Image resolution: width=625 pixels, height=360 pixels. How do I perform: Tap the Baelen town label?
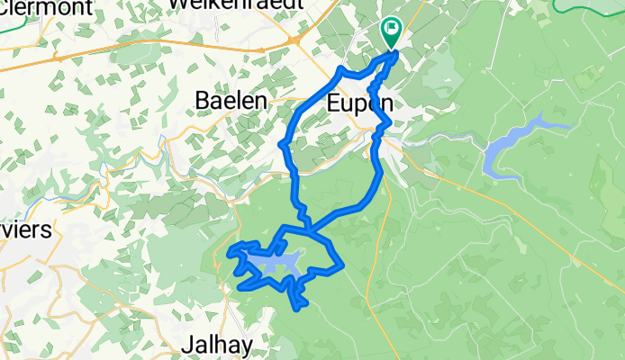[231, 102]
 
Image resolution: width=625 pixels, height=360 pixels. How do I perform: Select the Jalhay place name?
[213, 343]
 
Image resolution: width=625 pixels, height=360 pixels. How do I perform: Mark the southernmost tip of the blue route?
[298, 309]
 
